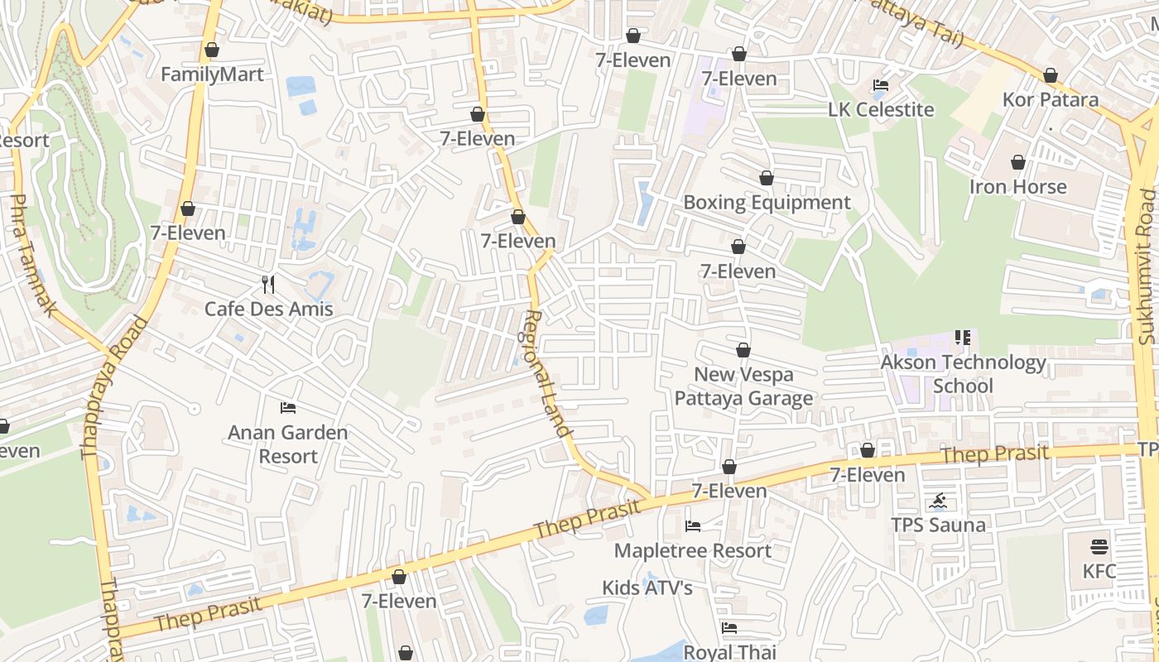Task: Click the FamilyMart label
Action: [x=212, y=74]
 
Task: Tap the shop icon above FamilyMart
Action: [x=212, y=50]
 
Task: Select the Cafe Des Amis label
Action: [x=269, y=309]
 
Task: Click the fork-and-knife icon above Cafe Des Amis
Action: [x=268, y=285]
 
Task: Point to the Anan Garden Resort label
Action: [x=288, y=444]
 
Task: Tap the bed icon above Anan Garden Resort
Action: [x=288, y=407]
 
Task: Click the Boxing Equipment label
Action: [x=767, y=203]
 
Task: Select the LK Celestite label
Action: [x=881, y=110]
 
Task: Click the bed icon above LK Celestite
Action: [x=881, y=85]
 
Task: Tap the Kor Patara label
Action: [x=1051, y=100]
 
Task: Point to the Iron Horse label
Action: [x=1018, y=187]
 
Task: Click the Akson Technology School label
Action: [x=964, y=374]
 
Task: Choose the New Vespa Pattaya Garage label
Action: [x=743, y=386]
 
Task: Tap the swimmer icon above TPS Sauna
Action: [x=938, y=501]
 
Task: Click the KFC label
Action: [x=1099, y=572]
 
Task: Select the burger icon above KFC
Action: [x=1099, y=547]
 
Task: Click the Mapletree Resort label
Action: [x=693, y=551]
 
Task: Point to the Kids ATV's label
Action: [x=647, y=588]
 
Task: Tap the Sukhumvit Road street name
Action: [x=1146, y=266]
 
